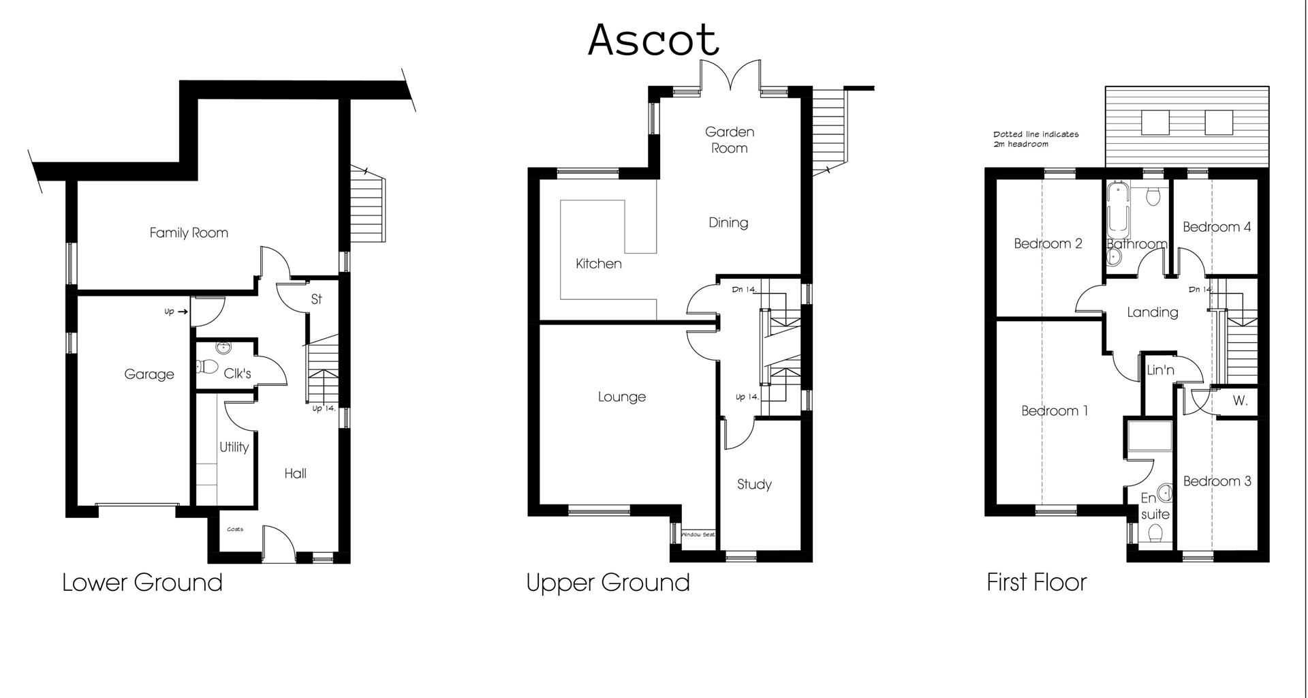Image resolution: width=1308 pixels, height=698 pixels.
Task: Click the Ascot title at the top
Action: (x=653, y=40)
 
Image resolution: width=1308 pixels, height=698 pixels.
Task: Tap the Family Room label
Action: (x=189, y=233)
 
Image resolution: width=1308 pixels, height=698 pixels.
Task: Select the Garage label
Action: (x=149, y=374)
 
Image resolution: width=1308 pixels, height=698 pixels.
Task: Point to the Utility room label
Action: (x=234, y=447)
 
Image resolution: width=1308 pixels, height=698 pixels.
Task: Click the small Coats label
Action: (x=235, y=529)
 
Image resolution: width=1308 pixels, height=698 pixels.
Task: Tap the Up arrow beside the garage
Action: (x=176, y=312)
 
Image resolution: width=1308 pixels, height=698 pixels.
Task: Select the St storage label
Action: (x=316, y=299)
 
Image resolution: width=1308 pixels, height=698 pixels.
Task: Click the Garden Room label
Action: (x=729, y=140)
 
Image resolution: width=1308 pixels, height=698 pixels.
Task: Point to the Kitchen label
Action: (x=598, y=264)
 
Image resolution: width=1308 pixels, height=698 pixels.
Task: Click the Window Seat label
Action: (x=698, y=534)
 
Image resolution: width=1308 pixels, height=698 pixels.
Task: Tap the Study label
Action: (x=754, y=485)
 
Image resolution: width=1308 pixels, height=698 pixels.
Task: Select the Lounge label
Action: (x=621, y=397)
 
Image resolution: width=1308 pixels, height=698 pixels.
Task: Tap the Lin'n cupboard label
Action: (x=1160, y=370)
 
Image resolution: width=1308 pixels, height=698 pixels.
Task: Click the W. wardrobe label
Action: (x=1240, y=401)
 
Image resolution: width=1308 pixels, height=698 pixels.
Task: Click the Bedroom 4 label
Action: (x=1216, y=227)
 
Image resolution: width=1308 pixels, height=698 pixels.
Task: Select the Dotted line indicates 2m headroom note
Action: (x=1035, y=139)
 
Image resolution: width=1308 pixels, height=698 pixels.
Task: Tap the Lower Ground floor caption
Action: (x=142, y=583)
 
